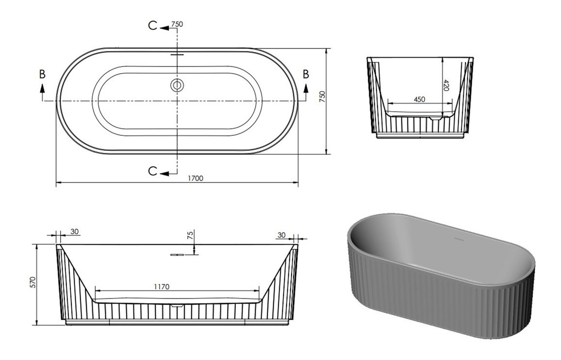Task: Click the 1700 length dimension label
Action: click(x=196, y=178)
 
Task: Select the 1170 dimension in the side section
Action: click(x=162, y=286)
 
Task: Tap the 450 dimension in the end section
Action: click(x=419, y=99)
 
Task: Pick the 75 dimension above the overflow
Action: click(x=190, y=236)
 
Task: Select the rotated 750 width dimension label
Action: click(x=322, y=96)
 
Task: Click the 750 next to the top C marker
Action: click(x=177, y=24)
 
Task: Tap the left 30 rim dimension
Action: click(x=74, y=231)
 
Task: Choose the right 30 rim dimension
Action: click(x=281, y=235)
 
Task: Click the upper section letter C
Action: click(x=152, y=26)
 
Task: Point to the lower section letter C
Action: click(x=152, y=171)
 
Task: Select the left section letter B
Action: click(x=42, y=74)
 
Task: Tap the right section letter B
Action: click(x=306, y=74)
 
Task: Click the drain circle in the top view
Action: click(x=177, y=85)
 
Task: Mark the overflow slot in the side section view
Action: click(x=177, y=254)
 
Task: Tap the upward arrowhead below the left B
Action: click(x=42, y=88)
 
